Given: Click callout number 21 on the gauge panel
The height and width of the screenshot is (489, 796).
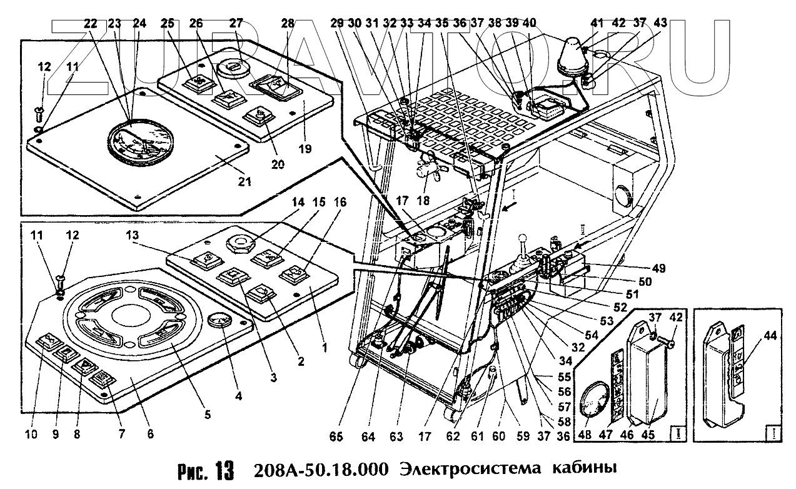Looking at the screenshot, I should (244, 182).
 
